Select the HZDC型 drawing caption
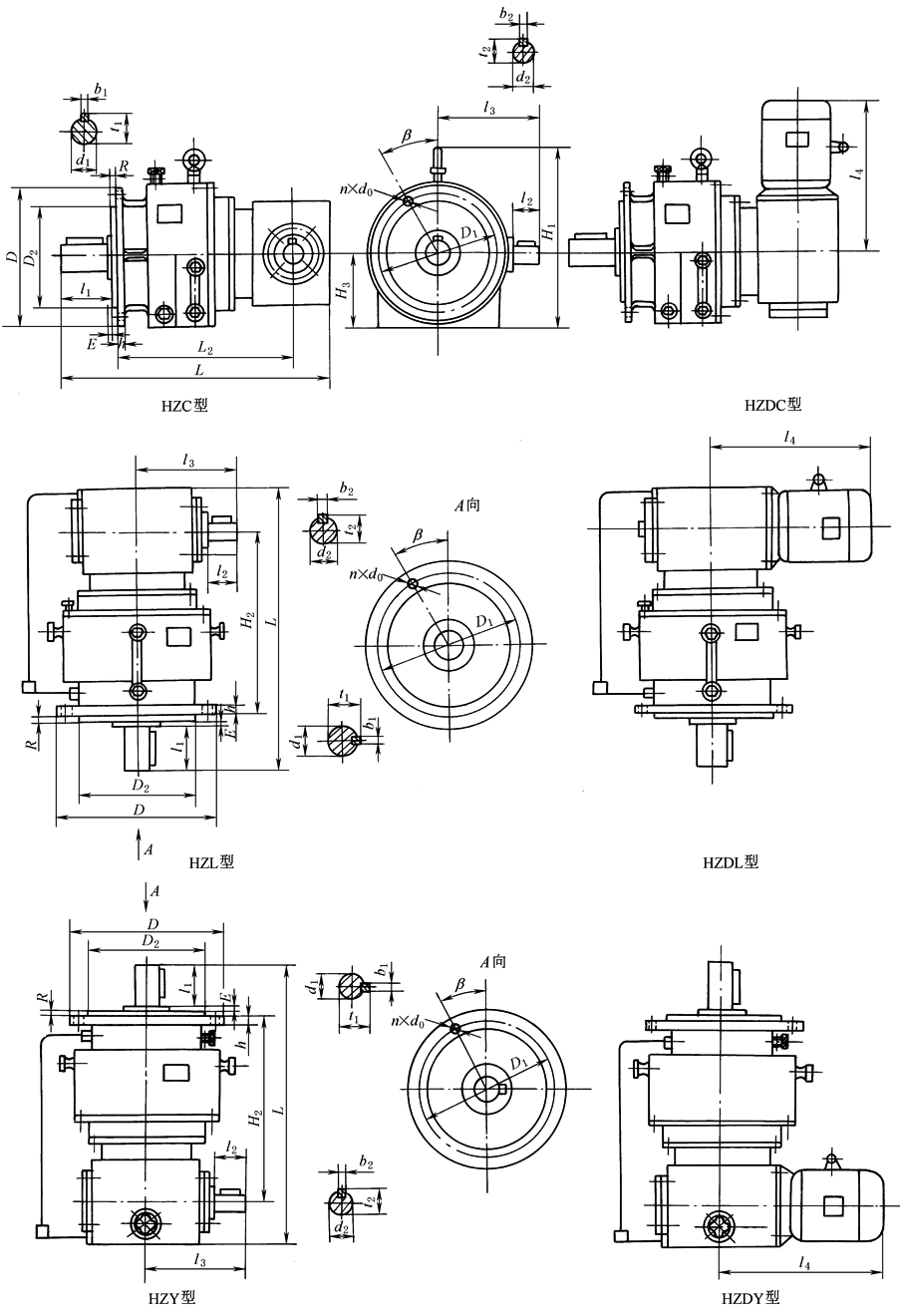pos(772,405)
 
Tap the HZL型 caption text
pos(209,861)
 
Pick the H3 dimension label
pos(344,291)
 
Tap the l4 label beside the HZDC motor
pos(859,174)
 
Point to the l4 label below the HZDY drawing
pos(803,1262)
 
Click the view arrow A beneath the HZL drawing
pos(140,848)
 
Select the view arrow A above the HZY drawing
pos(148,890)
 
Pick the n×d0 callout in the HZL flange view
pos(367,573)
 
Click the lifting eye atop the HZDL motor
pos(819,482)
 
